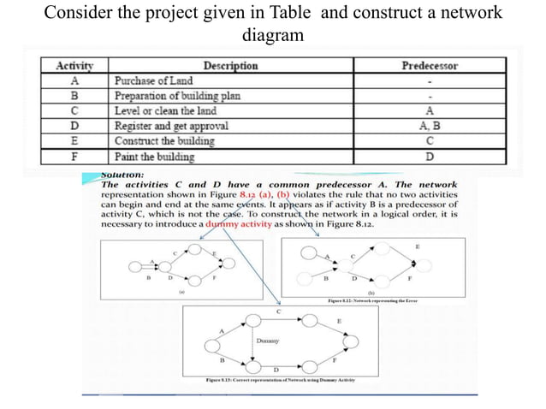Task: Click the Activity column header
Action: click(x=74, y=66)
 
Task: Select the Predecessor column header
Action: click(x=429, y=66)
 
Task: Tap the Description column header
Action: click(x=230, y=66)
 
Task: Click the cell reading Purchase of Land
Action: click(x=153, y=81)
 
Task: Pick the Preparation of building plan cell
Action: click(x=176, y=96)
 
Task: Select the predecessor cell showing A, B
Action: click(x=429, y=126)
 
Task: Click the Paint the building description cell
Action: click(x=154, y=157)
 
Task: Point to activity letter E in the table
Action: click(x=74, y=141)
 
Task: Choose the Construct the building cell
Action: click(x=164, y=141)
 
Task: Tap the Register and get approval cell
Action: click(x=172, y=126)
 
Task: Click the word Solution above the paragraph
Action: click(x=123, y=175)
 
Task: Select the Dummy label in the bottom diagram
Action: click(x=268, y=341)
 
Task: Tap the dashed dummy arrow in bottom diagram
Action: click(x=252, y=340)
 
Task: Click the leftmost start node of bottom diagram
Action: click(x=211, y=348)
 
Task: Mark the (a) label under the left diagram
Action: click(x=181, y=293)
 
